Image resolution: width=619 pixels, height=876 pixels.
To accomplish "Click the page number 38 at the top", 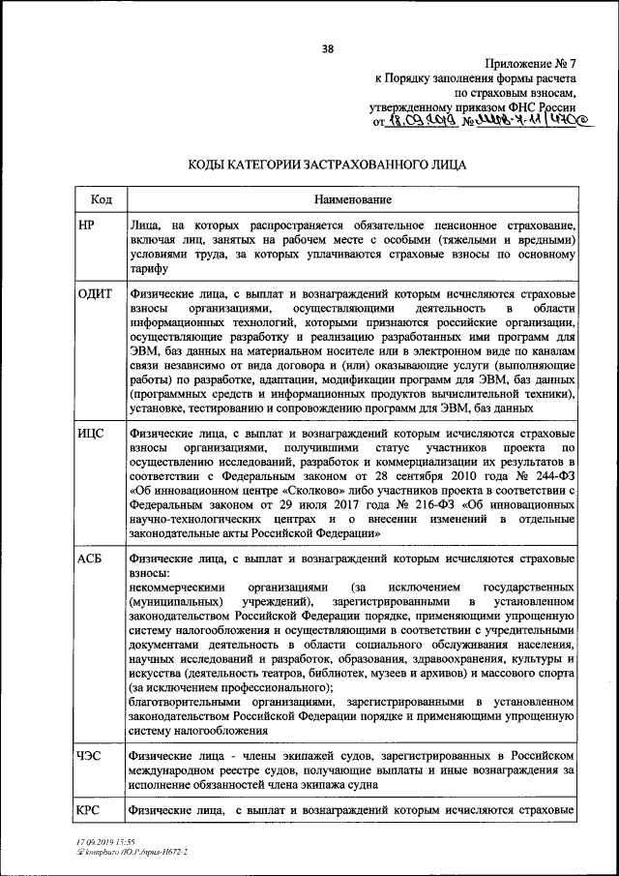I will click(x=327, y=51).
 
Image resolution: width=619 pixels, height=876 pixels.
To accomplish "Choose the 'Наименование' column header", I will click(x=352, y=199).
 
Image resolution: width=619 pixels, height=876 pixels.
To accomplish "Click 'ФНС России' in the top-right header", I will click(x=545, y=106).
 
